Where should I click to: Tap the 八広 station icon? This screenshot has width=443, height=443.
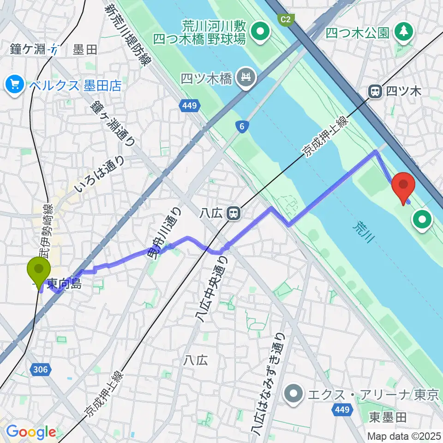tap(234, 213)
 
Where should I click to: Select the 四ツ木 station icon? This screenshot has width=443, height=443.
tap(375, 92)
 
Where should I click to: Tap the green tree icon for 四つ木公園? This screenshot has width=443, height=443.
tap(404, 32)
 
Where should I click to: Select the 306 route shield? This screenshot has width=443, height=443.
tap(40, 368)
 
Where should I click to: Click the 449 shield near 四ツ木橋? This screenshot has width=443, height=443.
tap(189, 107)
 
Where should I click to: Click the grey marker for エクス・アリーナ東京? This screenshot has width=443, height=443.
tap(293, 395)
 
